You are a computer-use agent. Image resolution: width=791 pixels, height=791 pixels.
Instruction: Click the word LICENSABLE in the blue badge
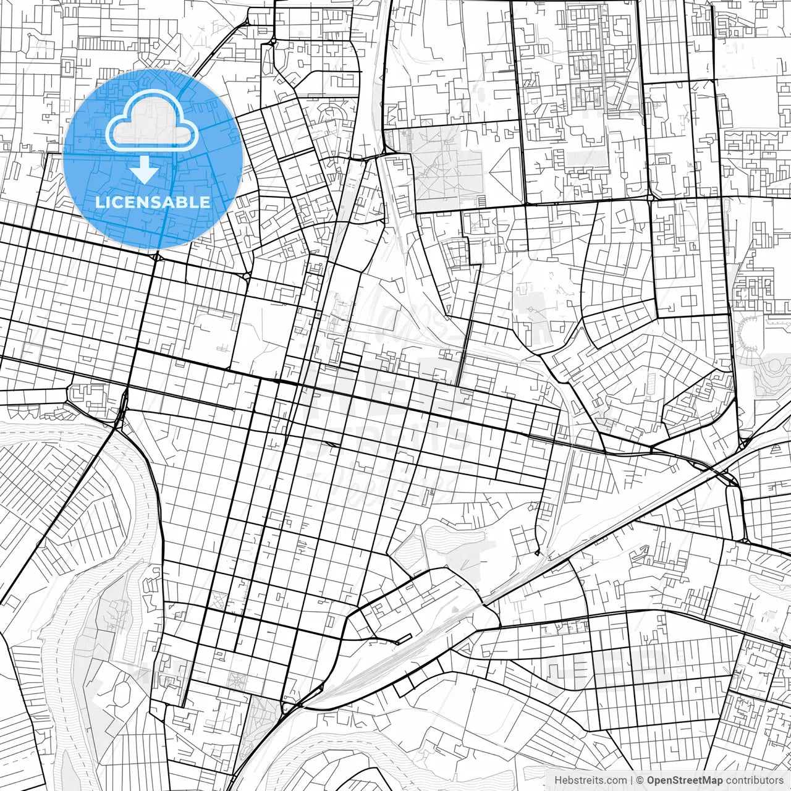click(x=153, y=202)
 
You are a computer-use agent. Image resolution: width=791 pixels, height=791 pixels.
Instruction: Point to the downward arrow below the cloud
click(x=144, y=169)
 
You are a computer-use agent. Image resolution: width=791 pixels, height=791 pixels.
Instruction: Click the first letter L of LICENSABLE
click(x=98, y=202)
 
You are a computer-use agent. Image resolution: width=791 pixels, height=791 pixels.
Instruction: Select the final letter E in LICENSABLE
click(x=205, y=202)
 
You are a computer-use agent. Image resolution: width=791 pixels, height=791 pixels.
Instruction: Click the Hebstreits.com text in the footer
click(x=590, y=780)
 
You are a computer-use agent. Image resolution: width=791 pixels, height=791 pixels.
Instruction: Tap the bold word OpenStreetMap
click(x=684, y=780)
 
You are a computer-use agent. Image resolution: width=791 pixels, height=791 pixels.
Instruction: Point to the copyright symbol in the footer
click(x=641, y=780)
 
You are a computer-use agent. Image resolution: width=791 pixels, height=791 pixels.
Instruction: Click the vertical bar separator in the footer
click(x=631, y=780)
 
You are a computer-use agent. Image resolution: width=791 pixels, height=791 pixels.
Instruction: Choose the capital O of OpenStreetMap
click(x=651, y=780)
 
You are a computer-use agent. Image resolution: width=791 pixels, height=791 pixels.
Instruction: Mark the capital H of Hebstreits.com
click(x=557, y=780)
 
